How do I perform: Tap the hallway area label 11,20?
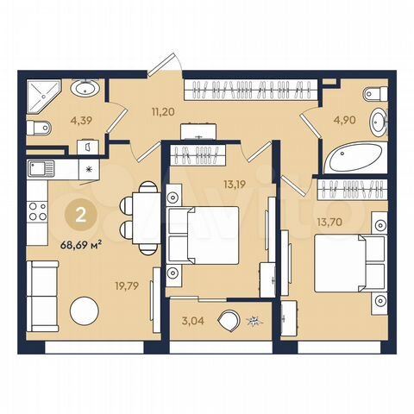139,110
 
